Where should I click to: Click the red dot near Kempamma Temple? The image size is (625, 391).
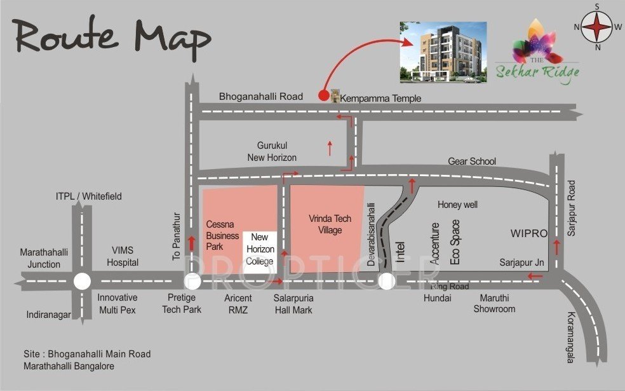[323, 96]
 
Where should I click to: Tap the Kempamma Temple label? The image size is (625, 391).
[380, 99]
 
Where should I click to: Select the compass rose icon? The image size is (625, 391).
[597, 27]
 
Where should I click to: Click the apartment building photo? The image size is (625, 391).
[442, 51]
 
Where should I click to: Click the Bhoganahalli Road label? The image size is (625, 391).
[261, 97]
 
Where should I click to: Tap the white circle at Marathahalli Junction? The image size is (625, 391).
[81, 281]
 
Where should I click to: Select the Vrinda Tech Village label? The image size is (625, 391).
[330, 224]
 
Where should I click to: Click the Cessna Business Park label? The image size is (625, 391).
[222, 235]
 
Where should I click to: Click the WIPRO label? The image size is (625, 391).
[528, 234]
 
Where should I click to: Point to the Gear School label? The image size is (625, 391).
[471, 161]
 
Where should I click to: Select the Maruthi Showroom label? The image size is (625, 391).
[494, 303]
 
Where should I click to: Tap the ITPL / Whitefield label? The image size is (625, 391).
[88, 196]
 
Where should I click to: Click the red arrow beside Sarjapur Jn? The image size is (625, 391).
[535, 276]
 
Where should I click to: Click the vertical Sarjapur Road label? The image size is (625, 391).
[571, 209]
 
